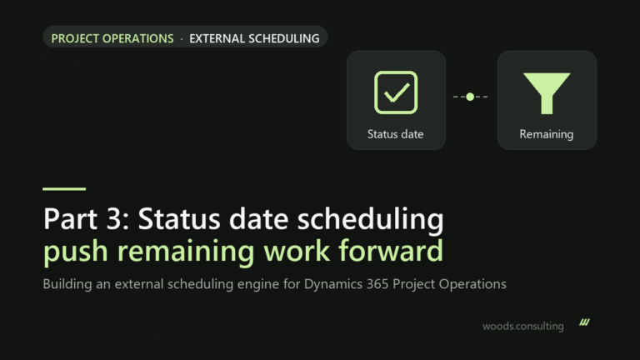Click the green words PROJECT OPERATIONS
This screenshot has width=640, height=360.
112,38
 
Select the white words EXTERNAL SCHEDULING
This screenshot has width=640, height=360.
254,38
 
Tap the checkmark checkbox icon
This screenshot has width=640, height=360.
396,92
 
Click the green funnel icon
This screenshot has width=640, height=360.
547,93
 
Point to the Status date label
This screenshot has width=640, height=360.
395,134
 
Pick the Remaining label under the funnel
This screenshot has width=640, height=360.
546,134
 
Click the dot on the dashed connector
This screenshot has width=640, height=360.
470,97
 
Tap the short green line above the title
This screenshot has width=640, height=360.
64,188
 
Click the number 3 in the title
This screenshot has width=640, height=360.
115,219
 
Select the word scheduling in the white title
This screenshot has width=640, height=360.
370,220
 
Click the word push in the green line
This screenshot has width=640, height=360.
76,252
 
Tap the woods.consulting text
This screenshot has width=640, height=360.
522,326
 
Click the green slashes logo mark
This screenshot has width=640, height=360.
584,322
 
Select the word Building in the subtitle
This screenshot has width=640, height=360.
67,284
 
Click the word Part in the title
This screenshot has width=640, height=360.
70,219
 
